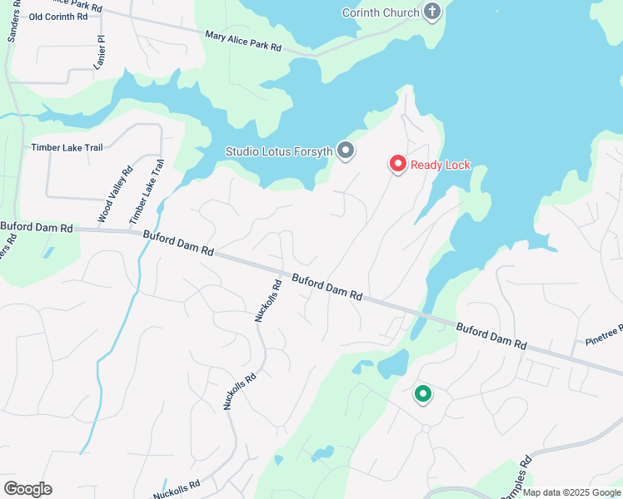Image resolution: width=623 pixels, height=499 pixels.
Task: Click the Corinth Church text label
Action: pos(383,12)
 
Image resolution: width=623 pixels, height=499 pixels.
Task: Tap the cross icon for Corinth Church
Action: pos(431,12)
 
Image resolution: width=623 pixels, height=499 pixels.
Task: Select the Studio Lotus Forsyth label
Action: pos(279,151)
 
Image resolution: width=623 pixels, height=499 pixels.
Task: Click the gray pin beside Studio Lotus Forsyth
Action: pos(346,151)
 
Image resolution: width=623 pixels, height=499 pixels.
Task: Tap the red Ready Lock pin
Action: pos(398,164)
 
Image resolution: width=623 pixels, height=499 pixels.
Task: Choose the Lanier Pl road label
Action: pos(101,52)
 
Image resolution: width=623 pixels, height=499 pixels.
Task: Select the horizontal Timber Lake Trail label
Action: pos(67,147)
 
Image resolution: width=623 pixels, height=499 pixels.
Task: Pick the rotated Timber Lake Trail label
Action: pos(145,191)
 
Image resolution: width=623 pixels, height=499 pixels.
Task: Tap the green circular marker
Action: pos(423,395)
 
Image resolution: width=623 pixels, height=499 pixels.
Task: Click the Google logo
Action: pos(27,489)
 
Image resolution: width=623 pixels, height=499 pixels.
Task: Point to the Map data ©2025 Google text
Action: pos(571,492)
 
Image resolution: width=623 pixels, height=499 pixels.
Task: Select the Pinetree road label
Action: pos(605,334)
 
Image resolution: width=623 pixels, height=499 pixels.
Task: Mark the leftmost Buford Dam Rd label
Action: pos(37,226)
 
